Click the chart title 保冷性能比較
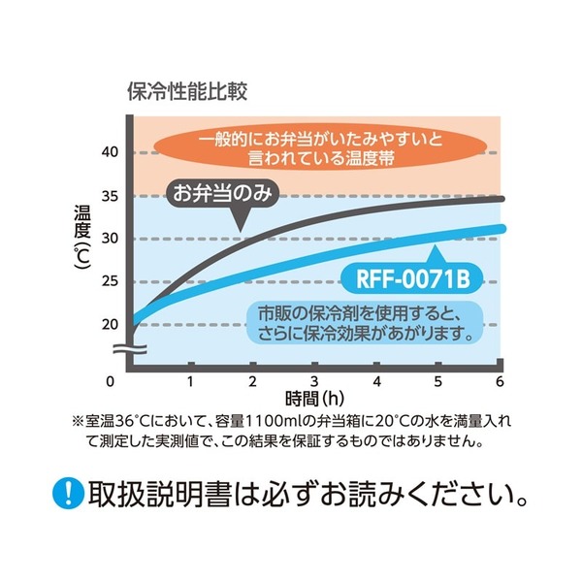click(x=187, y=93)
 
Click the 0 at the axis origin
click(x=112, y=379)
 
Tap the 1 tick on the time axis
click(x=191, y=379)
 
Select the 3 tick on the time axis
click(x=314, y=379)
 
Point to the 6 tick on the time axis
click(x=500, y=379)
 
